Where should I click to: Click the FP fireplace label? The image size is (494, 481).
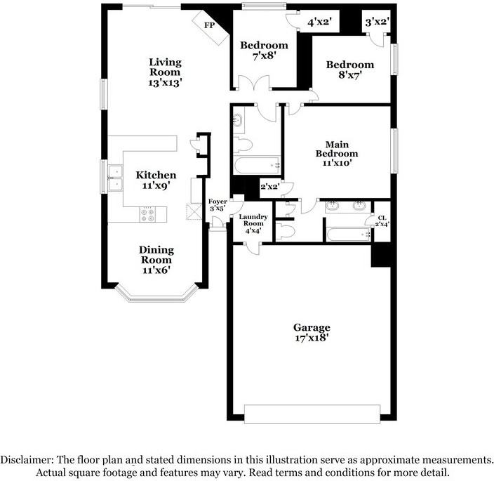[x=209, y=25]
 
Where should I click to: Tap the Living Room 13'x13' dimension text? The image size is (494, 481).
[x=165, y=83]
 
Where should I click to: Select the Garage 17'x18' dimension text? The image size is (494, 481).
[x=312, y=338]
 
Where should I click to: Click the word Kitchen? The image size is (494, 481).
[x=156, y=175]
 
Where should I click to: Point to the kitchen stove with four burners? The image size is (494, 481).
[x=147, y=215]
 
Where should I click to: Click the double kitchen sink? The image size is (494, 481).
[x=115, y=178]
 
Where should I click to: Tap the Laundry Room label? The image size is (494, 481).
[x=253, y=220]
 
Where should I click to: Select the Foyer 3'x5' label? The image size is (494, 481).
[x=218, y=205]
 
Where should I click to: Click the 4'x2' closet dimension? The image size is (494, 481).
[x=319, y=22]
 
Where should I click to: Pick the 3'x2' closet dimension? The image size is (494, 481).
[x=378, y=22]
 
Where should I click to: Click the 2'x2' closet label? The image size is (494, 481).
[x=270, y=187]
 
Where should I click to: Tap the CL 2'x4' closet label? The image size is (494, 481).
[x=382, y=221]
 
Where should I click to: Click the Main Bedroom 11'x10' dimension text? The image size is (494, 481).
[x=337, y=163]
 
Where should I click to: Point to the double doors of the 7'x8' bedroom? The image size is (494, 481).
[x=254, y=83]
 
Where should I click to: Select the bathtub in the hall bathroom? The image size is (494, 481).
[x=257, y=165]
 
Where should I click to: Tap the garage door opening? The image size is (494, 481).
[x=312, y=414]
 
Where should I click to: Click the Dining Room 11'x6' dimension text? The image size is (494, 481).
[x=156, y=270]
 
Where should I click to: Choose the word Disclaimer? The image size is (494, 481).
[x=27, y=459]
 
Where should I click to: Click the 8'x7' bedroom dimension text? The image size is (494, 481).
[x=350, y=75]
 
